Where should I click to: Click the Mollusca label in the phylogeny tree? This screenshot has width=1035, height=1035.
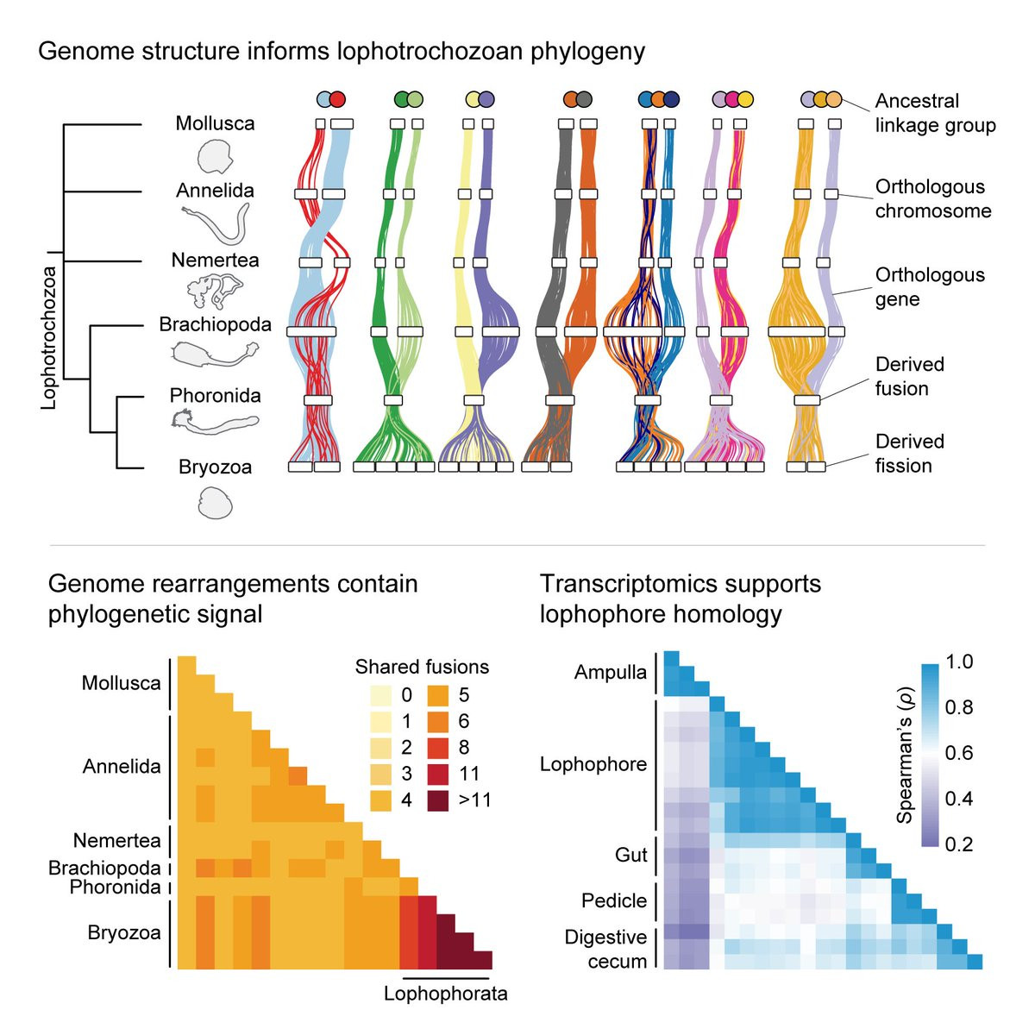coord(215,123)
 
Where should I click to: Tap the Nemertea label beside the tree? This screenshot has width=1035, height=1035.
coord(215,260)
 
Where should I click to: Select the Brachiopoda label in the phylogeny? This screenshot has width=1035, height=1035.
coord(215,325)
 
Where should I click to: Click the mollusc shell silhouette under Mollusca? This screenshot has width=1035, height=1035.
coord(215,157)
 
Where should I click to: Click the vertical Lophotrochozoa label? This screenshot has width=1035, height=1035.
coord(48,337)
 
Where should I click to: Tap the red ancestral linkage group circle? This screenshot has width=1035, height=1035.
coord(337,99)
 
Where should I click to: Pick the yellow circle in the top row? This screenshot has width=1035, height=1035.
coord(745,99)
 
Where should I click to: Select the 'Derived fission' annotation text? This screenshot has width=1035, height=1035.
coord(909,454)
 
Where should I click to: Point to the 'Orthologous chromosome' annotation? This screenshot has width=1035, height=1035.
coord(932,198)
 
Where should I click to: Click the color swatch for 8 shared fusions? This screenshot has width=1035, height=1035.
coord(435,748)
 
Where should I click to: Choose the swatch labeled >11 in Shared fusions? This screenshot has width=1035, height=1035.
coord(435,800)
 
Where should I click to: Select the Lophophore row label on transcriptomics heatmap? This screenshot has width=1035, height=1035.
coord(593,764)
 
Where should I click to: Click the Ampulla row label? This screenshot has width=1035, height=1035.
coord(610,673)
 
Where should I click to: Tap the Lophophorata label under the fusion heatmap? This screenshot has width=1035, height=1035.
coord(445,994)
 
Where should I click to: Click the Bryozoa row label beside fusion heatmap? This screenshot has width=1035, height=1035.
coord(124,933)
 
